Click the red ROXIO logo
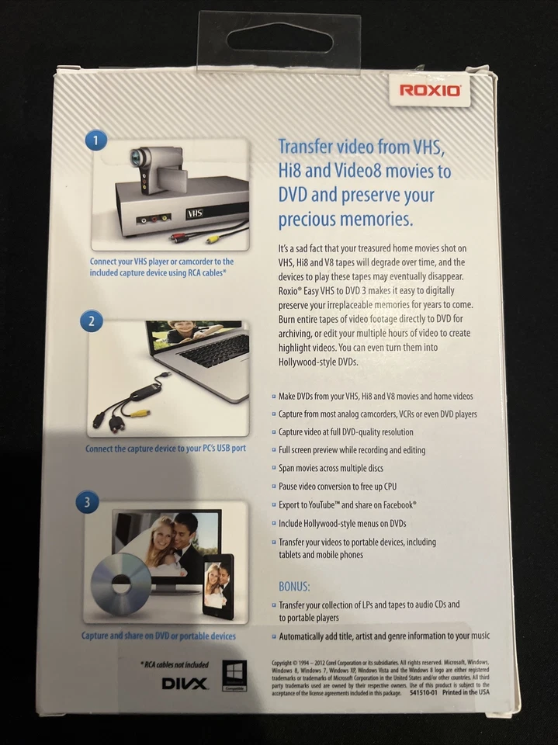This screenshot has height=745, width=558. click(431, 90)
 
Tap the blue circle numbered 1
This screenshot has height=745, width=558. click(95, 140)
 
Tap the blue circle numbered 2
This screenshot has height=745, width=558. click(92, 320)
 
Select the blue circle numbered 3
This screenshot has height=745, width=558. click(87, 501)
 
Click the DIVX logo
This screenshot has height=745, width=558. click(184, 683)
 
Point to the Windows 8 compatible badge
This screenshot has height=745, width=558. click(234, 674)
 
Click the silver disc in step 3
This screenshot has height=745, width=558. click(121, 584)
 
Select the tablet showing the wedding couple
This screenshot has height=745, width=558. click(217, 585)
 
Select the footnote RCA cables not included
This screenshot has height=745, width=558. click(175, 664)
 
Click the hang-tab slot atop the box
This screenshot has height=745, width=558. click(279, 38)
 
